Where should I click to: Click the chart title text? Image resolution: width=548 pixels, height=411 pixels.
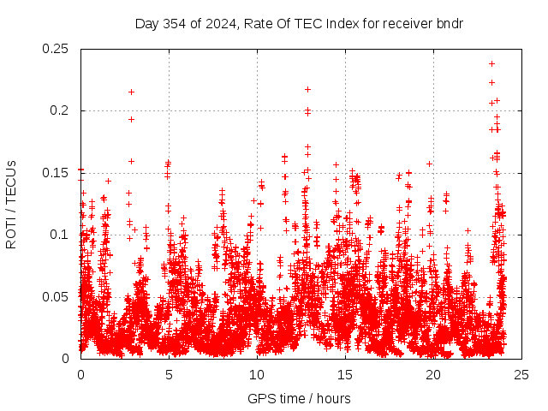(x=299, y=23)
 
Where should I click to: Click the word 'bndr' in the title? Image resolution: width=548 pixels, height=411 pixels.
(x=449, y=23)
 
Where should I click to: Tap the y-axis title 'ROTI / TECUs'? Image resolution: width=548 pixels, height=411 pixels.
(x=11, y=204)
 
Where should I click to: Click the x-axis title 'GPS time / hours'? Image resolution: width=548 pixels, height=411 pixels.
(x=299, y=398)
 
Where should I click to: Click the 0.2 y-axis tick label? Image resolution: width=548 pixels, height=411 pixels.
(x=61, y=110)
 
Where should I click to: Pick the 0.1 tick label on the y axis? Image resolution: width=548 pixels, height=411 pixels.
(x=61, y=235)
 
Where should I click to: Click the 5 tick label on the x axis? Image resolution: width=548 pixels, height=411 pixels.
(x=169, y=374)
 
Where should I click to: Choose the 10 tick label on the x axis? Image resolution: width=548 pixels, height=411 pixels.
(x=257, y=374)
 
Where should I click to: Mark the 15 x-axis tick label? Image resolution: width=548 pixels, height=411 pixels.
(x=345, y=374)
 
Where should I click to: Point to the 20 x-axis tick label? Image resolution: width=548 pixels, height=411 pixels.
(x=433, y=374)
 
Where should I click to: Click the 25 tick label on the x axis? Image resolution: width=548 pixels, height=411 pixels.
(x=521, y=374)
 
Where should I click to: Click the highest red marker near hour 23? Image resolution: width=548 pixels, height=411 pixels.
(x=491, y=63)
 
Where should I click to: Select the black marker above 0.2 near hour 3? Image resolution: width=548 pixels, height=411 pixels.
(x=131, y=92)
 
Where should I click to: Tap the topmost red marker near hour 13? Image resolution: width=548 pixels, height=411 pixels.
(x=307, y=89)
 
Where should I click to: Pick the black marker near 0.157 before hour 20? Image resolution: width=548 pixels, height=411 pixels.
(x=429, y=164)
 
